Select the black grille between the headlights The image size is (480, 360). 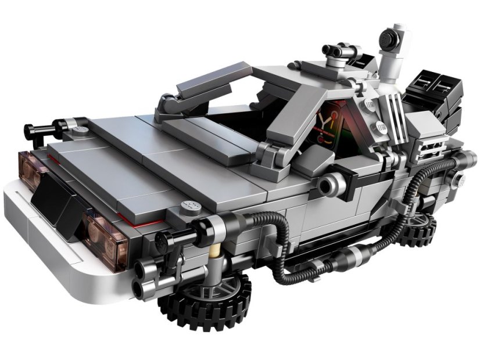coord(58,200)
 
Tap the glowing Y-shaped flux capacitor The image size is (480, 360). coord(327,124)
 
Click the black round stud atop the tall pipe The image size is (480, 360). coord(389,39)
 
